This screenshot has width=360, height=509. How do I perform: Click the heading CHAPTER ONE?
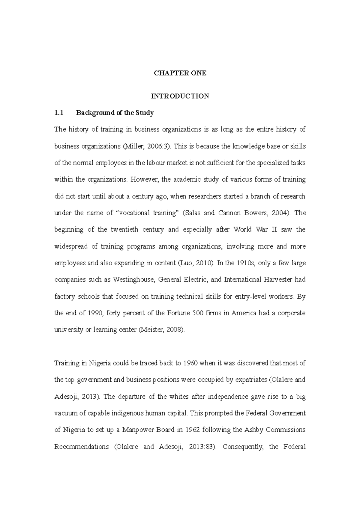click(x=180, y=73)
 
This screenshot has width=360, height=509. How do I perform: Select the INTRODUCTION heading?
click(x=180, y=96)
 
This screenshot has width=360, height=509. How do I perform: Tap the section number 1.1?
click(x=59, y=113)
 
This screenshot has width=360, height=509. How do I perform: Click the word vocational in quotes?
click(x=133, y=213)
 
